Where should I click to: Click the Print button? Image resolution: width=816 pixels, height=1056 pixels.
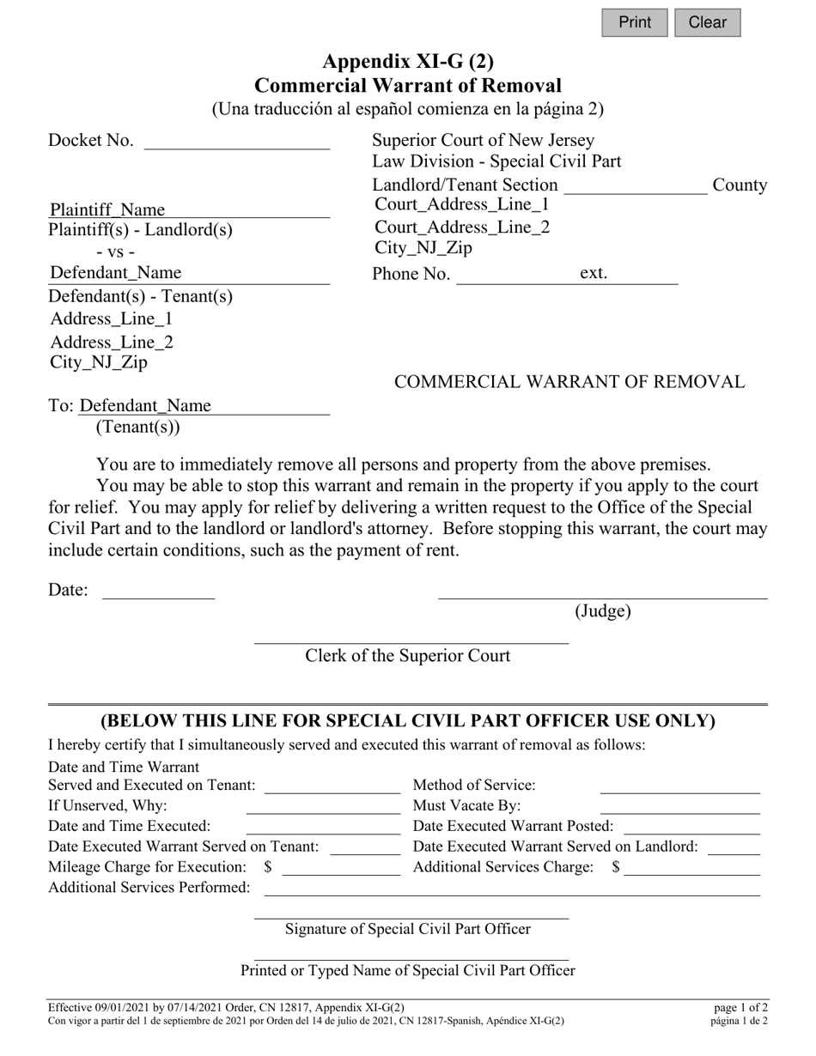634,22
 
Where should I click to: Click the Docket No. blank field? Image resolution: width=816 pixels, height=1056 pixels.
237,141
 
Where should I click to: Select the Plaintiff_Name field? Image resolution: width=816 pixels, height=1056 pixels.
189,210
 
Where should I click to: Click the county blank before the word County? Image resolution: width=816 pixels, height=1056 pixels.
636,186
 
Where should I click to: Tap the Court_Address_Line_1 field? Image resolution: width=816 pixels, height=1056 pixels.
462,204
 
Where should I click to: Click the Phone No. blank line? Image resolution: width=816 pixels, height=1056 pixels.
515,275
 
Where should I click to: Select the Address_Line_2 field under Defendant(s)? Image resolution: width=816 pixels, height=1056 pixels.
112,343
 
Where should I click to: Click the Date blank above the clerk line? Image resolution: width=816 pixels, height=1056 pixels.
159,591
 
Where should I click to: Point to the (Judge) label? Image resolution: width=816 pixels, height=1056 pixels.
603,611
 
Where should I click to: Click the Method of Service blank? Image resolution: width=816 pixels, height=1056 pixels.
679,786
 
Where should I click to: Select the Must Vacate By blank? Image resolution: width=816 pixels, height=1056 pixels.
679,806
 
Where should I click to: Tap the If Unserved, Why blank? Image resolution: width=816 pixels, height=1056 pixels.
323,806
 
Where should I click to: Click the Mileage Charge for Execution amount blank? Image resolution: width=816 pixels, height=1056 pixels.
341,868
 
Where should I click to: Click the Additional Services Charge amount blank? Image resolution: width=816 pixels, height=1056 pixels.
692,868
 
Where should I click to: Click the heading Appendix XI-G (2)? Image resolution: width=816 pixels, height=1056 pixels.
408,61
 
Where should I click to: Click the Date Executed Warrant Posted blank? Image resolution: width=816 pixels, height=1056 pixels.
691,827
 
